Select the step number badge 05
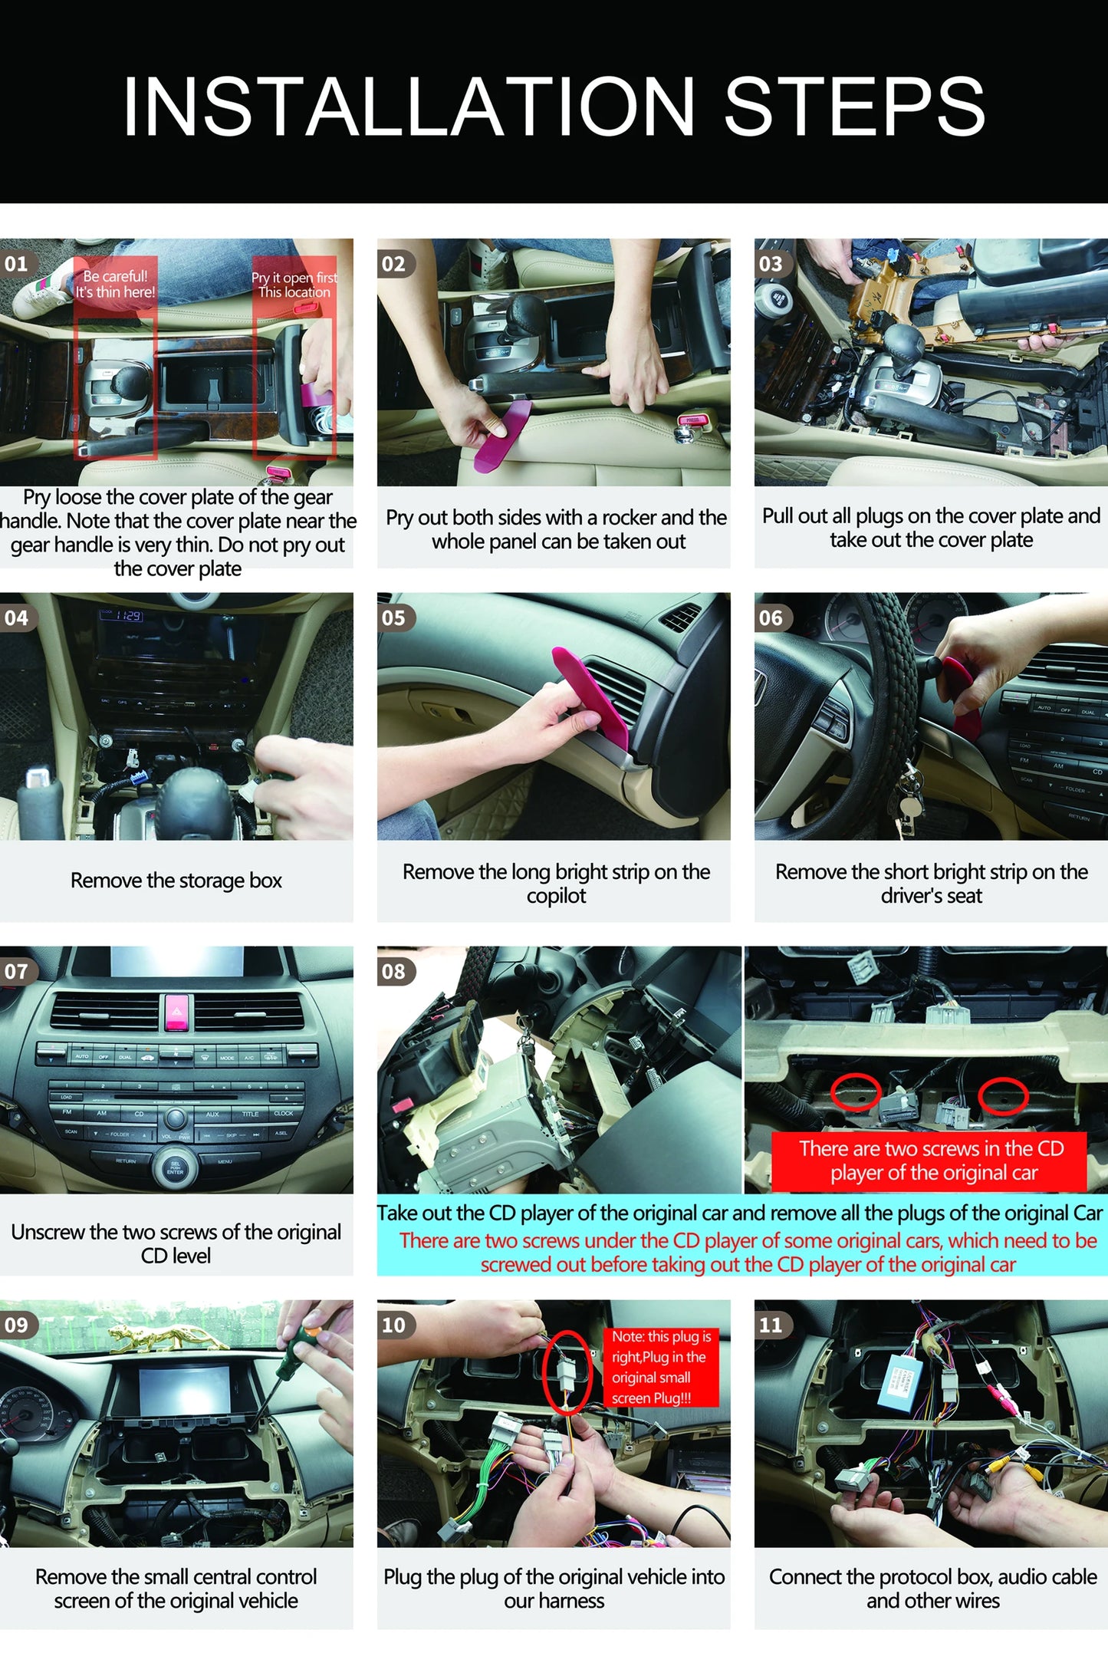tap(394, 617)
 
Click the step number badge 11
tap(771, 1325)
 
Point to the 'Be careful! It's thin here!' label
tap(115, 284)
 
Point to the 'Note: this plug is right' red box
tap(661, 1367)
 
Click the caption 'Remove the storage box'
tap(176, 881)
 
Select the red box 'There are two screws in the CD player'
tap(929, 1161)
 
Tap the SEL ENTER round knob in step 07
tap(175, 1167)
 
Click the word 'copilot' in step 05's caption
tap(556, 896)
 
